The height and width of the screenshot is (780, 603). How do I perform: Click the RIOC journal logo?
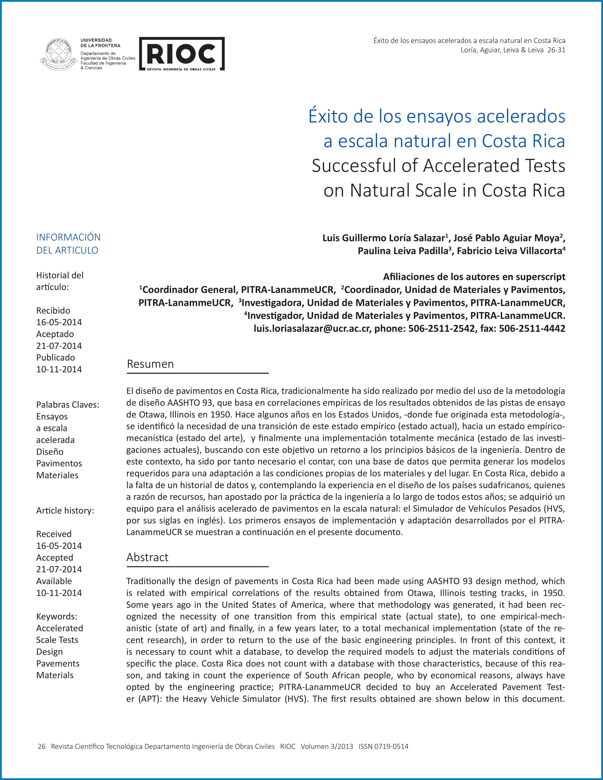coord(182,54)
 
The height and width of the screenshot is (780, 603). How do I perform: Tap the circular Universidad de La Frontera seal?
coord(58,54)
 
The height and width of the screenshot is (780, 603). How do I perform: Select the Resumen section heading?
coord(150,364)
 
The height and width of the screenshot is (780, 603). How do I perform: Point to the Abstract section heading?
coord(147,557)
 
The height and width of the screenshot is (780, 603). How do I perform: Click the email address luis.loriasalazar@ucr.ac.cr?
coord(312,328)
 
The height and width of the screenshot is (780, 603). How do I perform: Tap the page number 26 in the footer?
coord(41,746)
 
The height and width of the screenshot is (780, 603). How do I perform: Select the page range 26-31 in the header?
coord(556,50)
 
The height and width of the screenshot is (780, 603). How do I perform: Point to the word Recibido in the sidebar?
coord(53,310)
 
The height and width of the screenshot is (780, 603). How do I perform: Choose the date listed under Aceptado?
coord(59,346)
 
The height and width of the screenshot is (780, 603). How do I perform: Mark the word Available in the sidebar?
coord(54,581)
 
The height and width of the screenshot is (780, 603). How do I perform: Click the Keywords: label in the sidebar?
coord(56,617)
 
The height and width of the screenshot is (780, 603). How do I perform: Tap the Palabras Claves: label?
coord(67,404)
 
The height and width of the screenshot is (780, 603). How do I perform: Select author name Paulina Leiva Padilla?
coord(402,251)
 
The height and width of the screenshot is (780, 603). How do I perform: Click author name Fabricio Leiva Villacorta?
coord(509,251)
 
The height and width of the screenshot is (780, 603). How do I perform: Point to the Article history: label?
coord(65,511)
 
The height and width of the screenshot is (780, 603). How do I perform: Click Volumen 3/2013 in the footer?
coord(327,746)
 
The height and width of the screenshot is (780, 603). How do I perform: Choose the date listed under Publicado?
coord(59,369)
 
